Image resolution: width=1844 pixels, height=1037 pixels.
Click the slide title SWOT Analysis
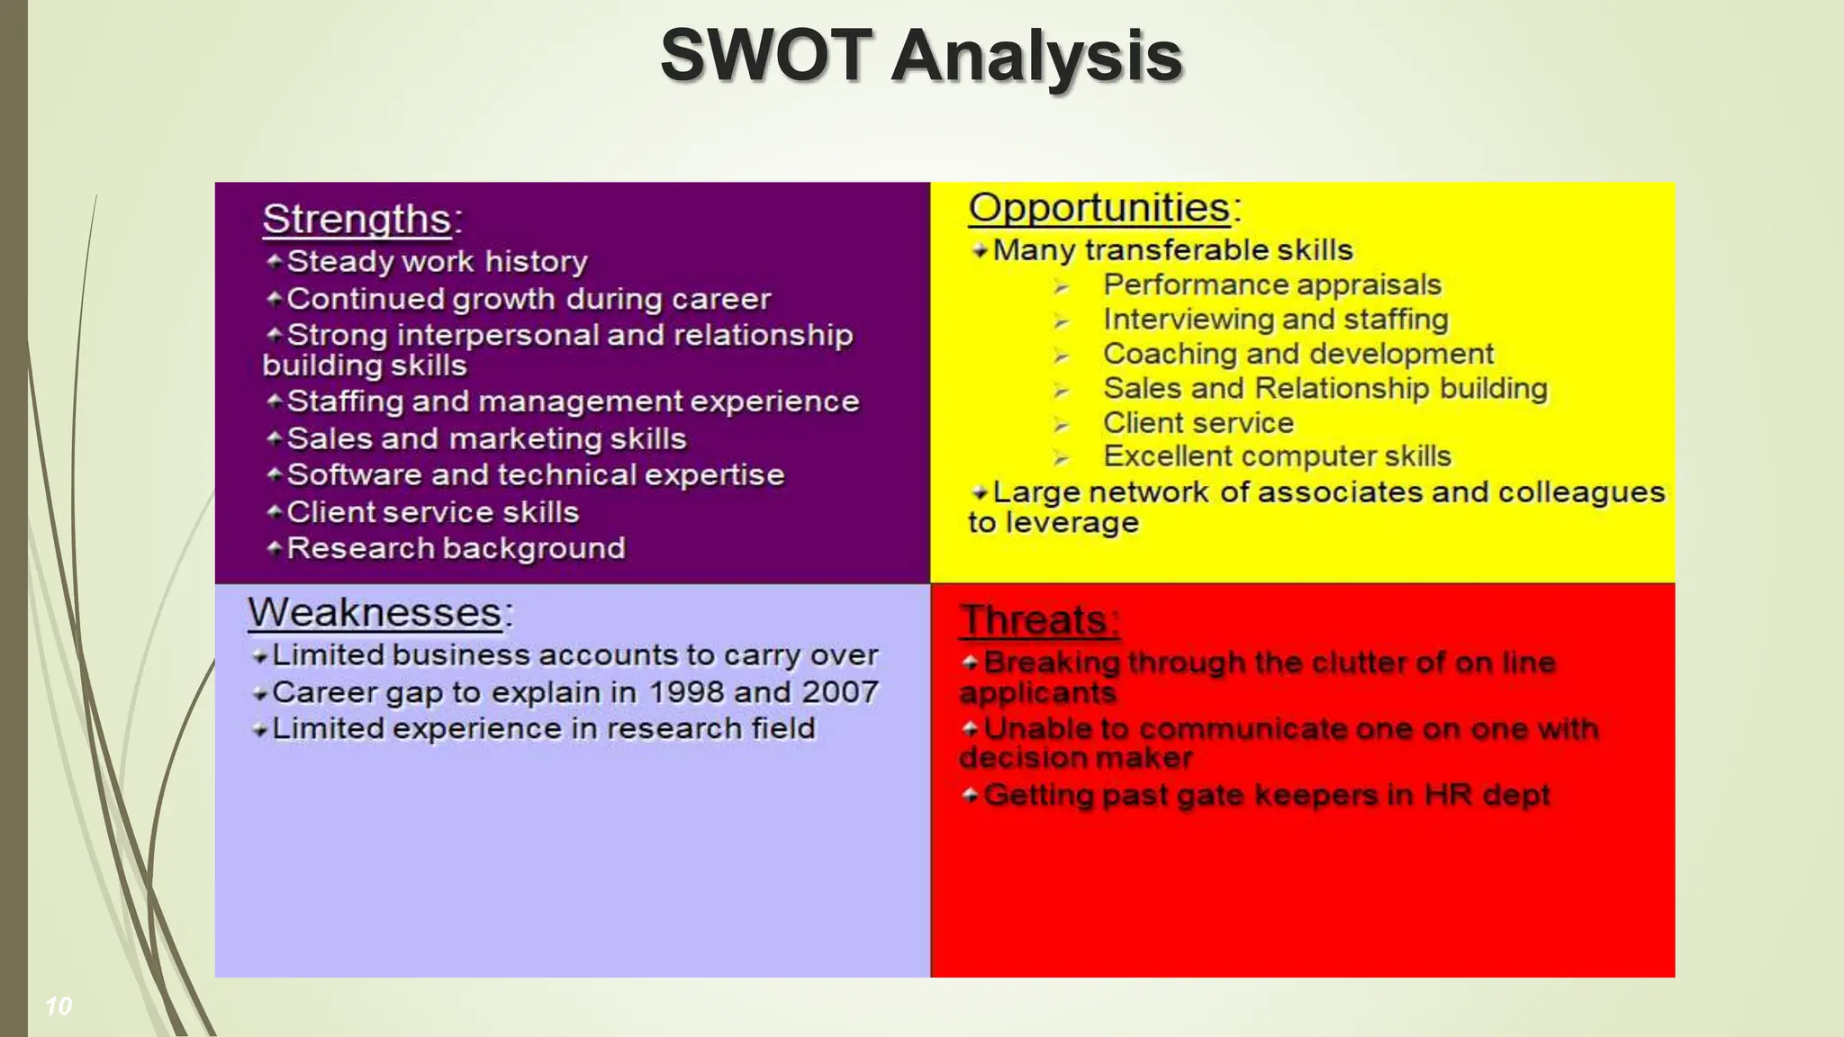point(920,56)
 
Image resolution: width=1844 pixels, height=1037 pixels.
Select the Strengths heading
point(357,220)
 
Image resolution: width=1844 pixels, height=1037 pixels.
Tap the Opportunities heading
point(1099,208)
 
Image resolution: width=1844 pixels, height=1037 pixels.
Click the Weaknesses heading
point(375,613)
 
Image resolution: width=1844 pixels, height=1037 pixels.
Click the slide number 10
point(59,1006)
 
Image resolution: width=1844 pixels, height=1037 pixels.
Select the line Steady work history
point(437,262)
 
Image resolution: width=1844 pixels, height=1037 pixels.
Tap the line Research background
point(456,548)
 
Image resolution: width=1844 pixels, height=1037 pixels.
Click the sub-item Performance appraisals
point(1272,285)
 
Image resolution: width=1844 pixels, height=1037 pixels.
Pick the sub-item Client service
point(1198,423)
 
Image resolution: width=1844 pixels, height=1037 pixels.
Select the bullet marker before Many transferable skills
point(980,251)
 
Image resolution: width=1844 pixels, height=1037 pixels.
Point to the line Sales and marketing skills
point(486,439)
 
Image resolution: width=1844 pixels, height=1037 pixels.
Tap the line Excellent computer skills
point(1277,457)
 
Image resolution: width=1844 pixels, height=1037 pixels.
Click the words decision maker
point(1075,758)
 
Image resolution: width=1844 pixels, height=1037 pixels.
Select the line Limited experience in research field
point(543,728)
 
